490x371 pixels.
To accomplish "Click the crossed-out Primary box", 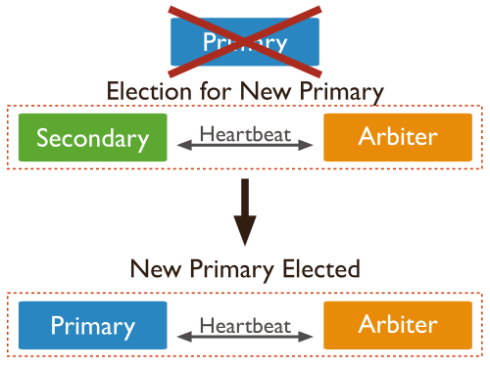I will (245, 42).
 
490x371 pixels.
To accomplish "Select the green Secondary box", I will (92, 137).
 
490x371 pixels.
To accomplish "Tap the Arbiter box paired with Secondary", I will (398, 137).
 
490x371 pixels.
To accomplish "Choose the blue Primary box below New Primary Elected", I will (92, 326).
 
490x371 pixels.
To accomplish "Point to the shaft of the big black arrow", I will (245, 196).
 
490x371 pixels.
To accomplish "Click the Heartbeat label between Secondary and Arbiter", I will (245, 133).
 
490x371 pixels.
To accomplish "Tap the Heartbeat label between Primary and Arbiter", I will (245, 323).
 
